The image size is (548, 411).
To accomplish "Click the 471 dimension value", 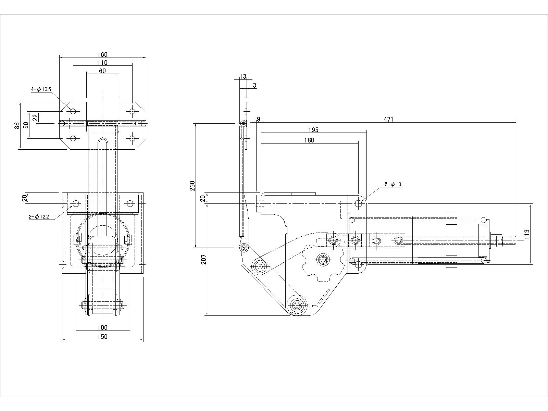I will (x=388, y=119).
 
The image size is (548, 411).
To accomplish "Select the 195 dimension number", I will (x=313, y=130).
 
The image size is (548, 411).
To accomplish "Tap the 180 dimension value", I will (x=309, y=140).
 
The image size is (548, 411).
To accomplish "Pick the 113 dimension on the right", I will (x=527, y=234).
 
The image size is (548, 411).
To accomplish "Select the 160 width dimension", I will (x=102, y=54).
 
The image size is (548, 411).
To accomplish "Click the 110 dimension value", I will (x=102, y=63).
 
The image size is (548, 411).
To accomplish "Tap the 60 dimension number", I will (x=102, y=71).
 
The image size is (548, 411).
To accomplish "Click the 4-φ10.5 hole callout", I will (x=41, y=89).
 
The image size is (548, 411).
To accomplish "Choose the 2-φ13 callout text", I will (x=393, y=184).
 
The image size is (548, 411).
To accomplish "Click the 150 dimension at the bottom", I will (x=102, y=337).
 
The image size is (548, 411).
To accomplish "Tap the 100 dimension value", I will (x=102, y=328).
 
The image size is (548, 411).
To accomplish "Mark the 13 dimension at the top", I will (x=243, y=76).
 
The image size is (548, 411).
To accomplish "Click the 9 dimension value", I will (x=259, y=119).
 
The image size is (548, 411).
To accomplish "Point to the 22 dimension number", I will (x=35, y=117).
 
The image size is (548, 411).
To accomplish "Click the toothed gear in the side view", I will (x=322, y=260).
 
